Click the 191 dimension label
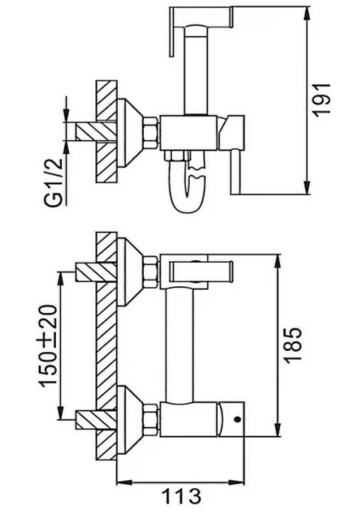[x=321, y=100]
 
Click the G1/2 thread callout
[x=53, y=183]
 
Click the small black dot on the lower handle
[x=238, y=419]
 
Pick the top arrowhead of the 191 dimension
[x=307, y=14]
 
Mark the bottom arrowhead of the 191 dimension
[x=307, y=187]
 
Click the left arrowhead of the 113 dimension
[x=125, y=483]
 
